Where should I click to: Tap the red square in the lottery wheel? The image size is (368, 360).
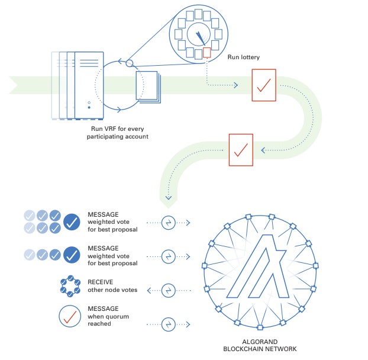tap(206, 53)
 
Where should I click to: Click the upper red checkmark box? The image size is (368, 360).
tap(263, 85)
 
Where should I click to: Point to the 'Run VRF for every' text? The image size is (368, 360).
tap(116, 128)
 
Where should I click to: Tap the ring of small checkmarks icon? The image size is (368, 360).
tap(71, 287)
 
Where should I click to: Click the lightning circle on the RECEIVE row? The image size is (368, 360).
tap(169, 290)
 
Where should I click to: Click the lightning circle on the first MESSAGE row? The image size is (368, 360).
tap(169, 223)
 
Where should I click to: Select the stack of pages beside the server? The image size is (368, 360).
tap(147, 86)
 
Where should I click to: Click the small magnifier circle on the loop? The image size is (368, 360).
tap(131, 63)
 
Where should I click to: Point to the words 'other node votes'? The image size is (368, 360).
tap(112, 291)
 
